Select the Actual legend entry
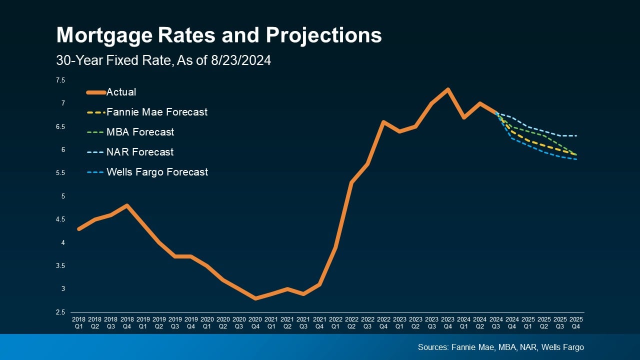121,92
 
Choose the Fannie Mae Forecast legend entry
157,112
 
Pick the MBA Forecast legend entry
140,132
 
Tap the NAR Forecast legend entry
140,152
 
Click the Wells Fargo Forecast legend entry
157,172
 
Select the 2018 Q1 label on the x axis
78,322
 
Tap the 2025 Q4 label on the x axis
576,322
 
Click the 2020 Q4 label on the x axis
255,322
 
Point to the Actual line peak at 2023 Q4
447,89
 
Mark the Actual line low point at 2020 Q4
255,298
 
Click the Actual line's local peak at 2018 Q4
127,205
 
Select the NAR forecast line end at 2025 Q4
576,136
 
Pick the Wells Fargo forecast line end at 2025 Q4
576,159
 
